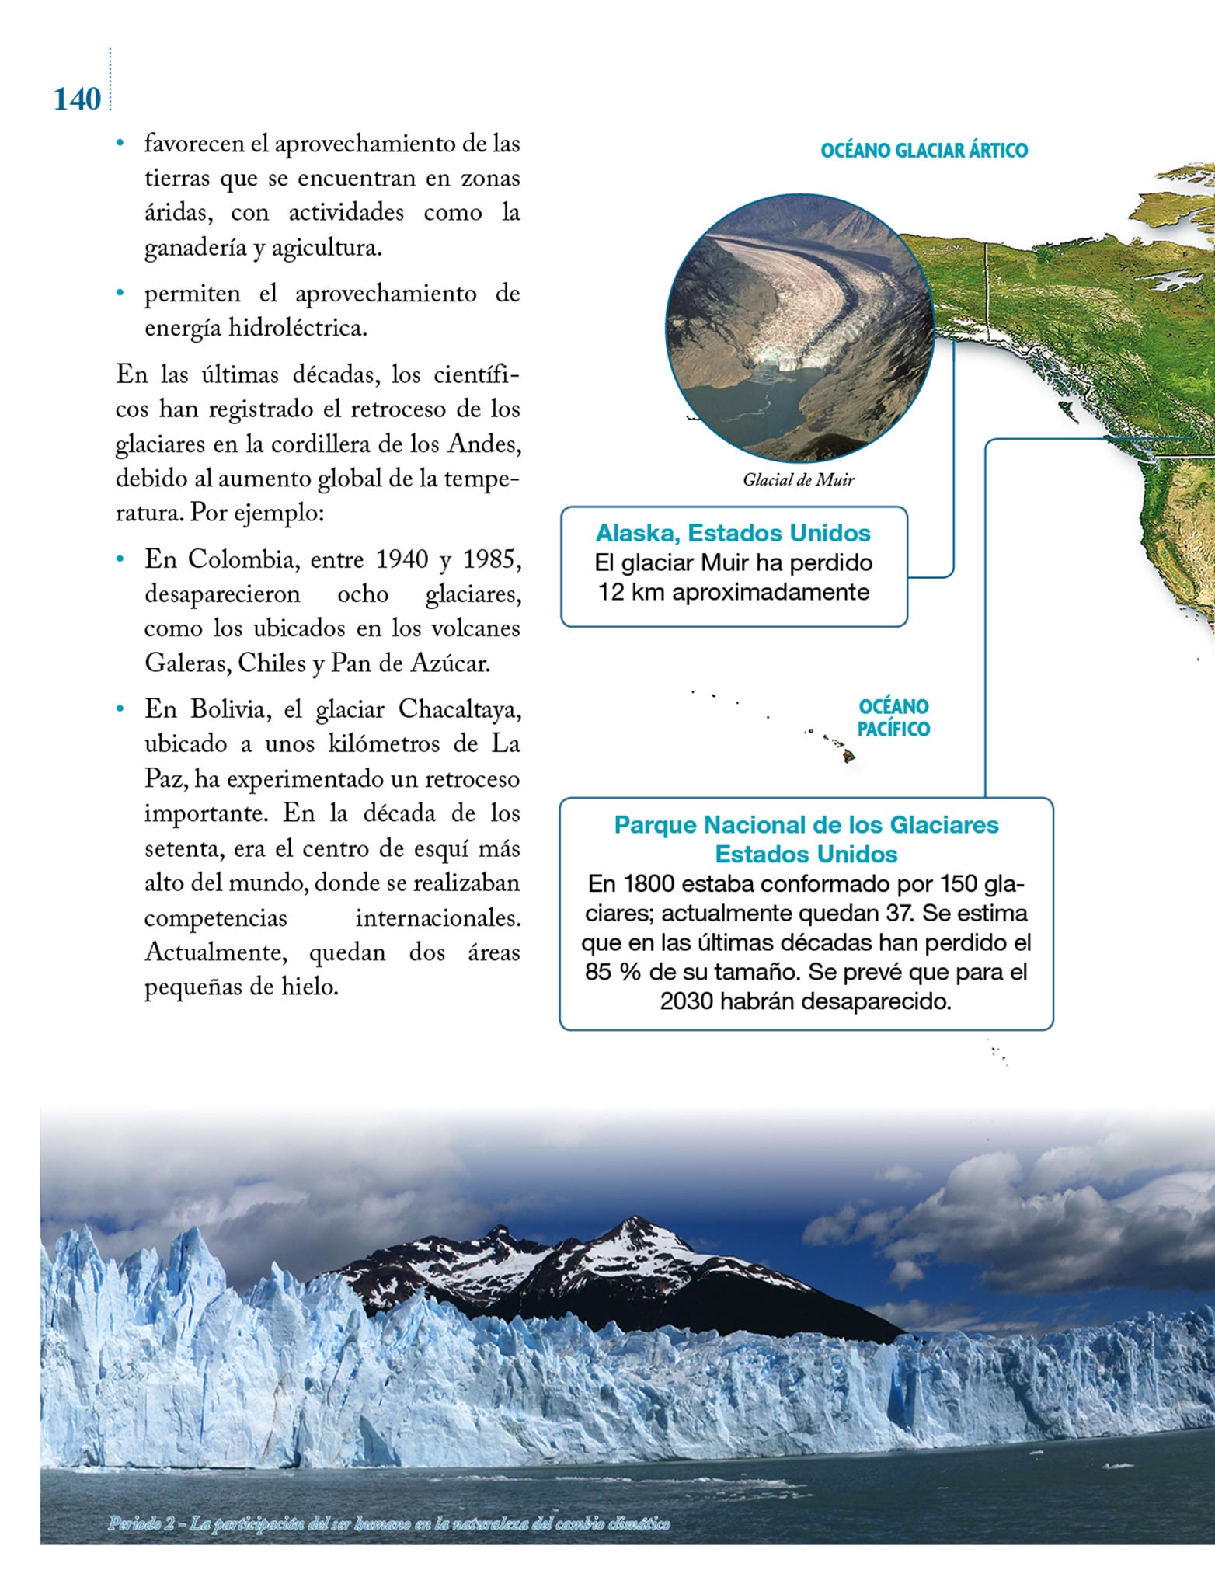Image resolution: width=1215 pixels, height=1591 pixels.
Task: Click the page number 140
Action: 77,99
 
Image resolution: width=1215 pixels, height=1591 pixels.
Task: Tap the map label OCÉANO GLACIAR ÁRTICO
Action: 924,151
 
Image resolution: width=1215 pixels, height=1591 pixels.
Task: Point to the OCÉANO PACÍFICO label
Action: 893,718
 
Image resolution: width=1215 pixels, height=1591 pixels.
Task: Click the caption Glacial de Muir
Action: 798,480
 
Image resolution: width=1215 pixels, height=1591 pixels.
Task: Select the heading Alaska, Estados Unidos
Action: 733,534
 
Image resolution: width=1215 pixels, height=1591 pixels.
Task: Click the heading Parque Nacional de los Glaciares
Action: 806,825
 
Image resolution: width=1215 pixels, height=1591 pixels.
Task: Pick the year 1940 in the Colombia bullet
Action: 402,559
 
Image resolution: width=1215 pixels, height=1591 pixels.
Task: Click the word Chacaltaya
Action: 459,709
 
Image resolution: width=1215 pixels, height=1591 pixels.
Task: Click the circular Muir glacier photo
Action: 800,329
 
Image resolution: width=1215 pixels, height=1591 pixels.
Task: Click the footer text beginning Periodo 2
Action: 388,1523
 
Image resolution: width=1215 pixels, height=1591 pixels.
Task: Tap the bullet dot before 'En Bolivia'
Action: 120,709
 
